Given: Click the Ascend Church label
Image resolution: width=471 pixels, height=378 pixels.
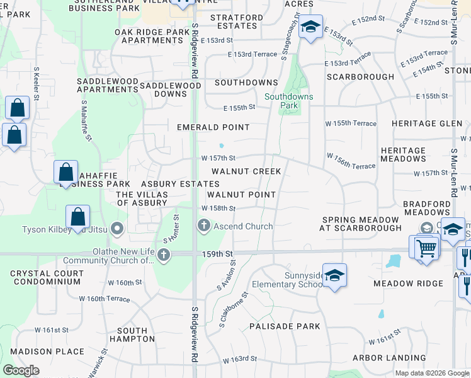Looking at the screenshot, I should coord(243,226).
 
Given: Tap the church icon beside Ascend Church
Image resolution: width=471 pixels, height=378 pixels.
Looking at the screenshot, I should coord(203,225).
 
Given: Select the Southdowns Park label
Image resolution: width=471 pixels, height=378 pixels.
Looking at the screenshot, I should coord(289,101).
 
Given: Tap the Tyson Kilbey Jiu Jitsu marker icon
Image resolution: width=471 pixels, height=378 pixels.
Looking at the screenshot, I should coord(116,227).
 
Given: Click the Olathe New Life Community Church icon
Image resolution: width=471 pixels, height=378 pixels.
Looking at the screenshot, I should coord(164,255).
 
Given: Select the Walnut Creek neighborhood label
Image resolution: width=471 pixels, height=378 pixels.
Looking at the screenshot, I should coord(246,171).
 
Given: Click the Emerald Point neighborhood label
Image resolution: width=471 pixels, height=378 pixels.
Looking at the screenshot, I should coord(213,127).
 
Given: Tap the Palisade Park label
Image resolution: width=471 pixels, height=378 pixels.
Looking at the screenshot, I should coord(285,326).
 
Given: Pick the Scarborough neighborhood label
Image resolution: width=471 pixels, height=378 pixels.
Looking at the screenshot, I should coord(360,77).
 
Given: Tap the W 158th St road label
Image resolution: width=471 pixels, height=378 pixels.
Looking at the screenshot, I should coord(218,208).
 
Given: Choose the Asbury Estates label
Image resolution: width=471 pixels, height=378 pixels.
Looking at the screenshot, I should coord(180,183).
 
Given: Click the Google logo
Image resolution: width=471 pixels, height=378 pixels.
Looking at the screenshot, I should coord(21,370).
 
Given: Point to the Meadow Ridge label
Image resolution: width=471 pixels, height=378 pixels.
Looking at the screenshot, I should coord(408,283).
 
